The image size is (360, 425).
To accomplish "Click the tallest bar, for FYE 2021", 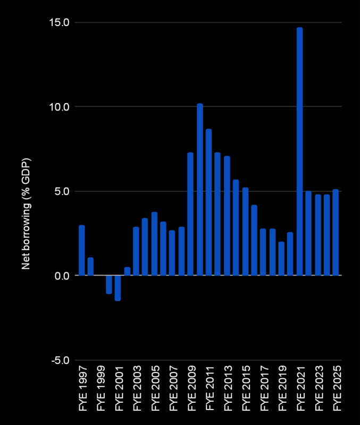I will coord(299,151).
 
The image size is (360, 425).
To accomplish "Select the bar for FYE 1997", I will coord(82,250).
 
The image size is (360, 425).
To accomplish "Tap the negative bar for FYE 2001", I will coord(118,288).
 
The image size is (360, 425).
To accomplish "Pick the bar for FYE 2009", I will coord(190,214).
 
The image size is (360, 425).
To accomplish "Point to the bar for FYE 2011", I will coord(208,202).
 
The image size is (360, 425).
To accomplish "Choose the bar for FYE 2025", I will coord(336,233).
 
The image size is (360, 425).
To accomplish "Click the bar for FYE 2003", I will coord(136,251).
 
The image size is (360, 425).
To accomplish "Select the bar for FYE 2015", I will coord(245,232).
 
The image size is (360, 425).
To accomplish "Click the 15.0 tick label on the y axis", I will coord(59,22).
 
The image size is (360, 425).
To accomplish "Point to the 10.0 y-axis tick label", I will coord(59,107).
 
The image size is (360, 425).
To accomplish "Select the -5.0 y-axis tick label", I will coord(59,361).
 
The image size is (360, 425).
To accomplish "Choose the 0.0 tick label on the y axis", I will coord(62,276).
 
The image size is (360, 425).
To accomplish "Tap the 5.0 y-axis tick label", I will coord(62,191).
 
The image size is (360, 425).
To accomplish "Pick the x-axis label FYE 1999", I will coord(101,390).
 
